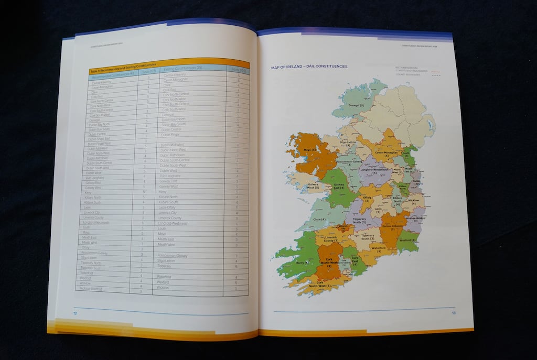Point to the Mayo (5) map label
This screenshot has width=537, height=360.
point(310,150)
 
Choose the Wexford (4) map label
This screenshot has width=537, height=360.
point(407,239)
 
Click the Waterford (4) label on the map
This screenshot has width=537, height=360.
point(379,249)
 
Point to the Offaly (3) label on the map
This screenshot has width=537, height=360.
point(368,199)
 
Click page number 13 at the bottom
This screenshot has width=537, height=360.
point(454,313)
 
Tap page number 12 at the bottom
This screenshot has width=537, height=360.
point(76,313)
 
